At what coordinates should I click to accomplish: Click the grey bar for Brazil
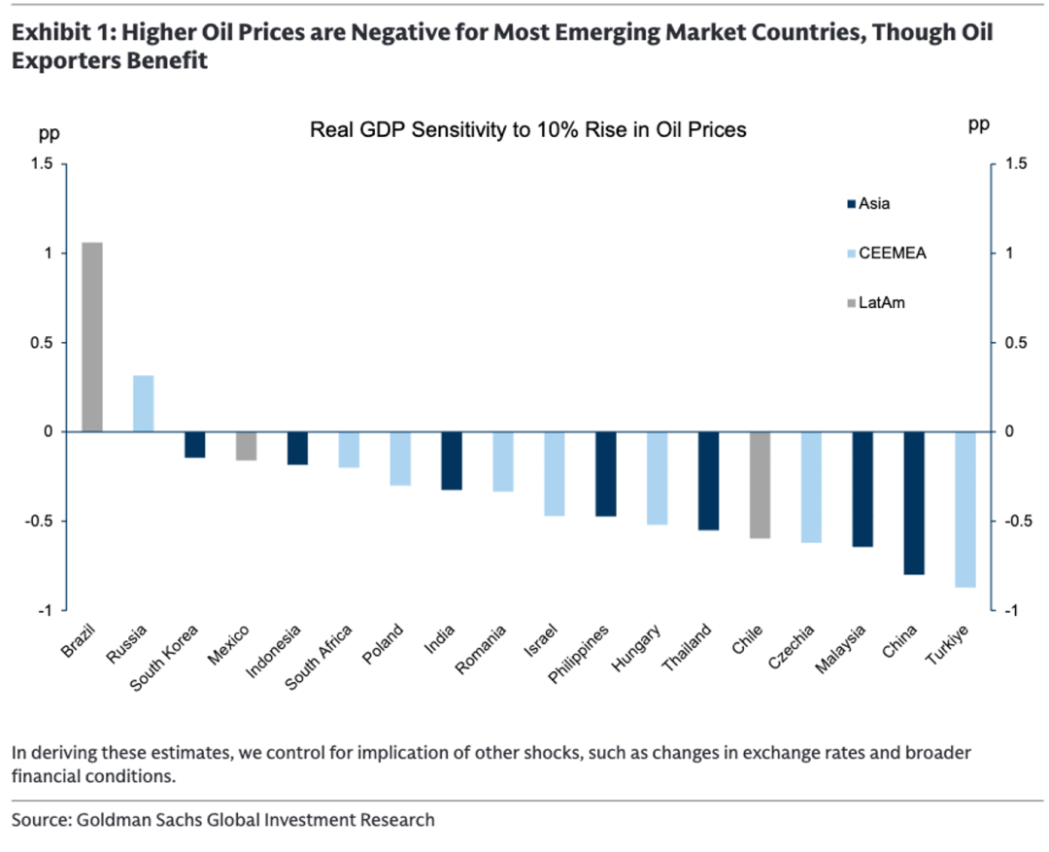pyautogui.click(x=92, y=336)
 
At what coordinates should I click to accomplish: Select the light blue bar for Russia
pyautogui.click(x=143, y=403)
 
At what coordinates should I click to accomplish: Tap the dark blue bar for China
pyautogui.click(x=914, y=503)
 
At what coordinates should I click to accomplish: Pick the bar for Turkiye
pyautogui.click(x=965, y=509)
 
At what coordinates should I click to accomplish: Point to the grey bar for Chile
pyautogui.click(x=760, y=485)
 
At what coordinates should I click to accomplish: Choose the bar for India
pyautogui.click(x=452, y=460)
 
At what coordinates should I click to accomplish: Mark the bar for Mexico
pyautogui.click(x=246, y=446)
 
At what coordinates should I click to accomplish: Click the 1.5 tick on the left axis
pyautogui.click(x=41, y=164)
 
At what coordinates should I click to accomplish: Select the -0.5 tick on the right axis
pyautogui.click(x=1013, y=522)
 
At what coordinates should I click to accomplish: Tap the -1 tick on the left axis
pyautogui.click(x=46, y=611)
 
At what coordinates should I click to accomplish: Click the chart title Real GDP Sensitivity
pyautogui.click(x=527, y=129)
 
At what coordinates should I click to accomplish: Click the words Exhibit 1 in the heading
pyautogui.click(x=50, y=32)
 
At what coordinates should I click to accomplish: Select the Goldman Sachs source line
pyautogui.click(x=223, y=820)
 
